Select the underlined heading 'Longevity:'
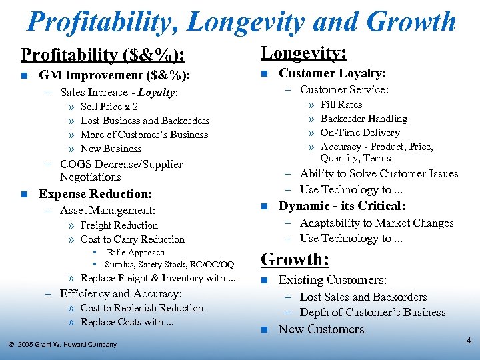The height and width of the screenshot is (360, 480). (x=303, y=53)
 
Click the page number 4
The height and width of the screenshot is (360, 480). (x=469, y=341)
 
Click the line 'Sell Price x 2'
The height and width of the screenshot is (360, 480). (x=109, y=107)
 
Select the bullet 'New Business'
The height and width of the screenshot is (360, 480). (x=111, y=149)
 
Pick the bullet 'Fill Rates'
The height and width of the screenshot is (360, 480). (x=341, y=105)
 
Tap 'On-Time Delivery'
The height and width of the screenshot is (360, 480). (x=360, y=133)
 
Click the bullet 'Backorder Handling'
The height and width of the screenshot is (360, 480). (x=364, y=119)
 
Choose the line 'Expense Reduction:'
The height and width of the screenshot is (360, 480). (x=95, y=194)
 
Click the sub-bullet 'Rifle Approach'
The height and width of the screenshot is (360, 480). (x=136, y=253)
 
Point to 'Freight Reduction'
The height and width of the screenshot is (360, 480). (x=119, y=225)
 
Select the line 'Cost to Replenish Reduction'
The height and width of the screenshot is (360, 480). (x=141, y=308)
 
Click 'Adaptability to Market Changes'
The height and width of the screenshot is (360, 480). (x=376, y=223)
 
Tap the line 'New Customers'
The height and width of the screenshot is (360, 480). (x=321, y=329)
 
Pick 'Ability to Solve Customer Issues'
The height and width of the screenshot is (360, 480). (x=379, y=174)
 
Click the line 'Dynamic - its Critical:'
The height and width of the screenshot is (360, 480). (x=342, y=206)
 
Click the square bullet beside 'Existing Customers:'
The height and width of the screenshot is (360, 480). (x=264, y=281)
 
